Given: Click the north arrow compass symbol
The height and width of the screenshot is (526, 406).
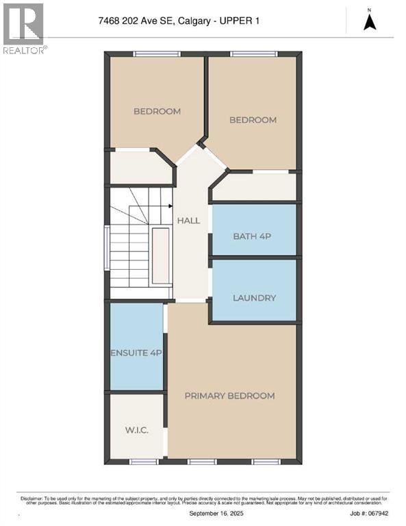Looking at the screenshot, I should point(370,21).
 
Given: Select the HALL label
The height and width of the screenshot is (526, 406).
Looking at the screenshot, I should point(188,221).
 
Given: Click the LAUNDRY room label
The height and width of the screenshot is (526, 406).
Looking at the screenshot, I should point(254,298).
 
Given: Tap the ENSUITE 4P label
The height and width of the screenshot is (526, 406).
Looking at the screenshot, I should point(137,353).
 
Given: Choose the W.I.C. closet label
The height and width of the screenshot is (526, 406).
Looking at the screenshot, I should point(137,430).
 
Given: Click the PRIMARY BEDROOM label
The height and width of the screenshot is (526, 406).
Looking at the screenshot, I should point(229,396).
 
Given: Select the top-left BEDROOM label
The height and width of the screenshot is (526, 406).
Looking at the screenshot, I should point(157,112).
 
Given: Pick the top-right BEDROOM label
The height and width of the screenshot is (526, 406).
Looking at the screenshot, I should point(253,120).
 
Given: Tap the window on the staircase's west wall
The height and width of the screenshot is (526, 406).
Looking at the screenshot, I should point(106,247).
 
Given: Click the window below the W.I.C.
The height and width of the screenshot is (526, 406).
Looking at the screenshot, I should point(140,462).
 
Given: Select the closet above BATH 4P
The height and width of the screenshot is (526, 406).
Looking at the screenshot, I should point(254,187).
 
